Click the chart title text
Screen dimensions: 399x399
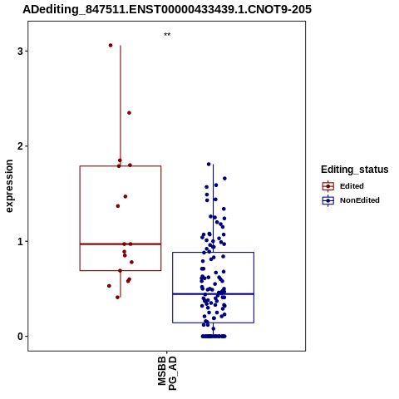click(x=167, y=9)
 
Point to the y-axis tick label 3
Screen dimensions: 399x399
click(x=20, y=52)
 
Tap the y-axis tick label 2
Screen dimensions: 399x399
click(x=20, y=146)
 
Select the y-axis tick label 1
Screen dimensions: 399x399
click(x=20, y=242)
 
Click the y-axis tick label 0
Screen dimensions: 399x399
click(x=20, y=337)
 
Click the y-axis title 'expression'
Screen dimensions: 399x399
click(x=9, y=186)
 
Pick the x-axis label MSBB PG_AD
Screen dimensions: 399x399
click(x=167, y=373)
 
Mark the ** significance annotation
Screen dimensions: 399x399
click(x=167, y=35)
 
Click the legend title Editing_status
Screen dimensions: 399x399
click(x=355, y=170)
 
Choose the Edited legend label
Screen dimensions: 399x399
click(x=352, y=186)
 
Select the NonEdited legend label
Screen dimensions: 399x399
click(x=360, y=200)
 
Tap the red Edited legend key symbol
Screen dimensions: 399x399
click(x=328, y=186)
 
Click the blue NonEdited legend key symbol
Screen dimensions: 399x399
click(x=328, y=200)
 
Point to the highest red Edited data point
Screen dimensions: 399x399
click(x=111, y=45)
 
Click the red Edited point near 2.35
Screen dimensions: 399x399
click(x=129, y=113)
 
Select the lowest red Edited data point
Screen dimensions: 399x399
click(x=117, y=298)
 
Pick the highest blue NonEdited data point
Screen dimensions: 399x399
click(x=209, y=164)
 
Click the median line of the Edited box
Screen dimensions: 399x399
click(x=121, y=244)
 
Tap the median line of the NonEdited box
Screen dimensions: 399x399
click(x=213, y=293)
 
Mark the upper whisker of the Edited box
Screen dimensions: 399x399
click(x=121, y=106)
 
